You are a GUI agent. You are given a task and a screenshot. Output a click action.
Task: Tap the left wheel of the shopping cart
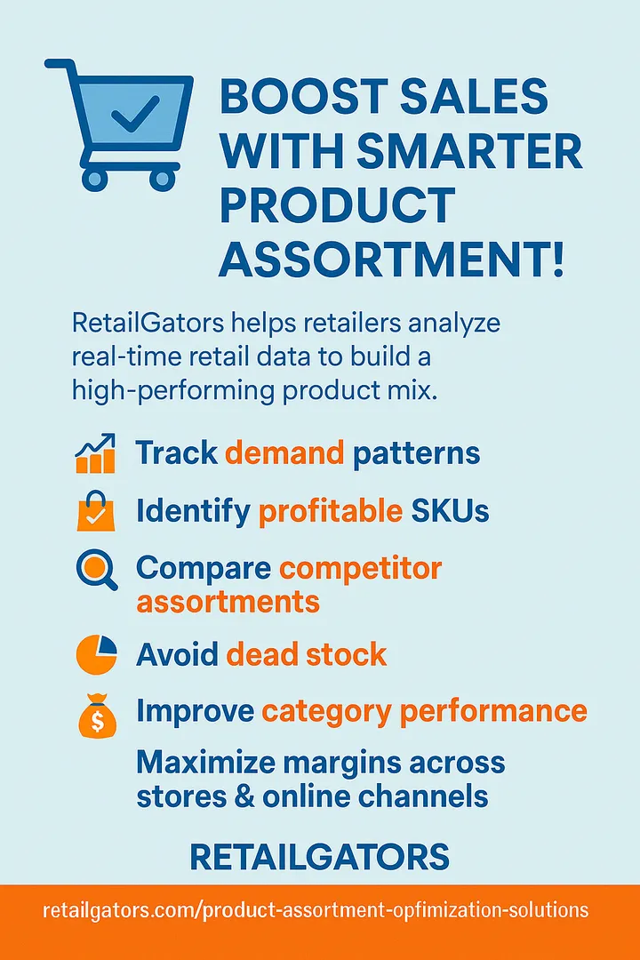[x=95, y=178]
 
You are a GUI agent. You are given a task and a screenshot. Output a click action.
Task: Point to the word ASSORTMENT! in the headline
[x=391, y=260]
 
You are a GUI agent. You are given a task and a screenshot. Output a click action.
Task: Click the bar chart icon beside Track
[x=95, y=453]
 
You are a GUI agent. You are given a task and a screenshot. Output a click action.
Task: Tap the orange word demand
[x=284, y=453]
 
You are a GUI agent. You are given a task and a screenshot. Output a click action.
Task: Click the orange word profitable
[x=331, y=510]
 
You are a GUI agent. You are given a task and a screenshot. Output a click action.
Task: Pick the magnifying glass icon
[x=97, y=570]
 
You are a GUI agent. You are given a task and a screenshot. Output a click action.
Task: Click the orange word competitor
[x=361, y=568]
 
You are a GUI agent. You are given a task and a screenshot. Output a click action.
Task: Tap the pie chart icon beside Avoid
[x=96, y=654]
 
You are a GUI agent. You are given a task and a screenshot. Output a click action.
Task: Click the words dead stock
[x=307, y=654]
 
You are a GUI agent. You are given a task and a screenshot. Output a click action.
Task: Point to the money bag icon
[x=97, y=715]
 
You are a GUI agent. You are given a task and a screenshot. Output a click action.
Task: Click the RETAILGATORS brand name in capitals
[x=320, y=857]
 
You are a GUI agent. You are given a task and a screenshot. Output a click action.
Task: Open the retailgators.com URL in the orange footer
[x=316, y=910]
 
